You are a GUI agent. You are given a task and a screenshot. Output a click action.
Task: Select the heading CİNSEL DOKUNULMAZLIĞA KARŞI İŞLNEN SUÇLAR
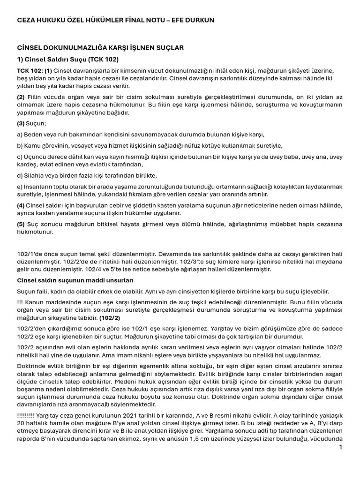[100, 48]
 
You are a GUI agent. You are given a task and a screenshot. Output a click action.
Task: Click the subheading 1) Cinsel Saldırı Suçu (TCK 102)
[68, 60]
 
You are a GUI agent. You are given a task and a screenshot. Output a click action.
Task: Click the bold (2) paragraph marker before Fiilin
[21, 97]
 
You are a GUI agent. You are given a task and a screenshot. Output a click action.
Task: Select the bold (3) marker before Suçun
[21, 123]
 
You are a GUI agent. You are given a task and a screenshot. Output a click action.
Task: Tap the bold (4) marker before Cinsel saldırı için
[21, 205]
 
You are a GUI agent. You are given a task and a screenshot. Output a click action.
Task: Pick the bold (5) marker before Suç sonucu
[21, 224]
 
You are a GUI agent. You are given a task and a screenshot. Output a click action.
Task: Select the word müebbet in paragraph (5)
[277, 224]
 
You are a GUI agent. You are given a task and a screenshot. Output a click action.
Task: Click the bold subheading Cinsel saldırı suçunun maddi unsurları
[75, 280]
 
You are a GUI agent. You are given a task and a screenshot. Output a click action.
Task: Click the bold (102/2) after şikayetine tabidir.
[110, 317]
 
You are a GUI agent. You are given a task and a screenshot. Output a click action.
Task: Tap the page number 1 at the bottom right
[340, 447]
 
